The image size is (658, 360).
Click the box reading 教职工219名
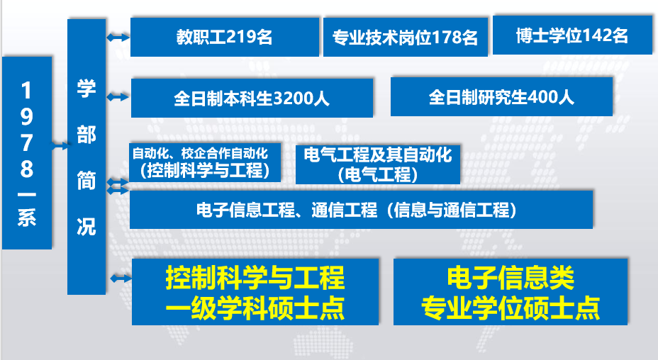(x=225, y=37)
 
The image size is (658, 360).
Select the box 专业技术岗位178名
(x=406, y=37)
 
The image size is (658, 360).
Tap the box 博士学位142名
(x=572, y=35)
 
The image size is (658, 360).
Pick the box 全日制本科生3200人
(x=252, y=98)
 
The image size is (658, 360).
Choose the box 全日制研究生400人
(x=501, y=96)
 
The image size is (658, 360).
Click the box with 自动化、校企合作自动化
(x=205, y=162)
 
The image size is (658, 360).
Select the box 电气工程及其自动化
(x=378, y=164)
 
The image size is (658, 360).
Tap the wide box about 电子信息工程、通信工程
(x=361, y=210)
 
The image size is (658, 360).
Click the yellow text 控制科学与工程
(x=255, y=277)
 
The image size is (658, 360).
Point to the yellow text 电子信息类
(x=511, y=277)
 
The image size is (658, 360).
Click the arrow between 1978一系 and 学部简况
(x=60, y=146)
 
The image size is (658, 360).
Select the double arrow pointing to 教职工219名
(x=118, y=38)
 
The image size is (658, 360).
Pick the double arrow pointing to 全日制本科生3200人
(x=118, y=97)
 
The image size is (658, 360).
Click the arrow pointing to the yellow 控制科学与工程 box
(x=121, y=279)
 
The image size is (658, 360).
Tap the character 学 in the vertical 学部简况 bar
(x=86, y=89)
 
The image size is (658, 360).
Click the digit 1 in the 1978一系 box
(x=26, y=90)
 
